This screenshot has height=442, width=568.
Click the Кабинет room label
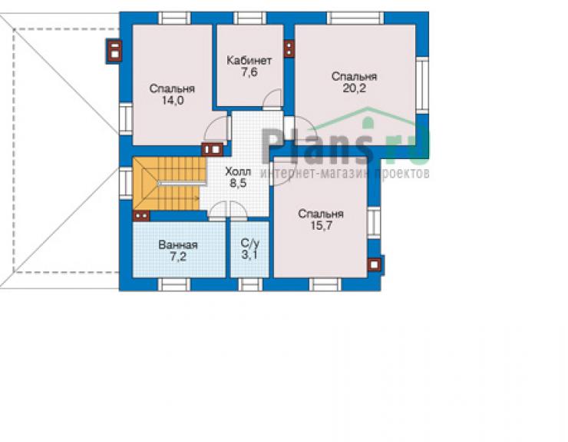pos(249,60)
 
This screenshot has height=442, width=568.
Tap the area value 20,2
pos(355,88)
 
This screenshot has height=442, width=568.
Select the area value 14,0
pos(173,101)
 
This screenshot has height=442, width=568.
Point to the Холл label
pos(238,171)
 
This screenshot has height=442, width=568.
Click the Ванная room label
pos(178,245)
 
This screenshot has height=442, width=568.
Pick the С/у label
pos(250,243)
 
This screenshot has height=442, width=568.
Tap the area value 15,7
pos(321,226)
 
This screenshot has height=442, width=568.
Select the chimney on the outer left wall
pos(114,52)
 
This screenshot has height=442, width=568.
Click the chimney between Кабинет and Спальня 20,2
pos(289,48)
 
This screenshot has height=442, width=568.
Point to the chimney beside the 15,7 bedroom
pos(375,264)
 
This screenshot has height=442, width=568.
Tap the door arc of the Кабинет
pos(272,98)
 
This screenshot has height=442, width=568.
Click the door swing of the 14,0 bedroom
pos(216,129)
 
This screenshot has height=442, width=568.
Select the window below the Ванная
pos(174,284)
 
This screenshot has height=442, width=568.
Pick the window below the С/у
pos(250,284)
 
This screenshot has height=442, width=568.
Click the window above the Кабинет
pos(250,18)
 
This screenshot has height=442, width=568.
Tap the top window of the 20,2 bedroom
pos(355,18)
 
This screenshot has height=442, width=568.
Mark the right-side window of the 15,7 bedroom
pos(375,223)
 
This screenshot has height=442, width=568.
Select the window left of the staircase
pos(126,182)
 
